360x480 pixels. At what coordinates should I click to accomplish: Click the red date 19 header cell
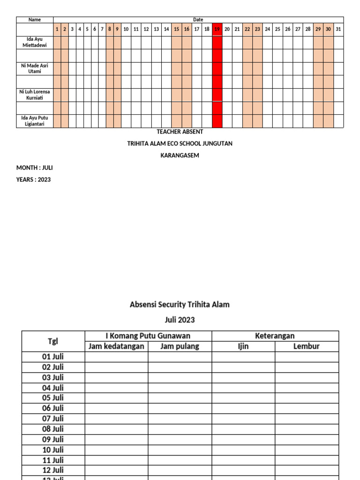217,29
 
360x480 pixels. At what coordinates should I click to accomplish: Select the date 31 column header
338,29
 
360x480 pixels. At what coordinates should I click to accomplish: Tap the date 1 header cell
57,29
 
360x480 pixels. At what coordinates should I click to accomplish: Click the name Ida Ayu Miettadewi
35,42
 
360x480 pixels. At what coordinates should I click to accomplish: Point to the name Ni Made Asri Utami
35,68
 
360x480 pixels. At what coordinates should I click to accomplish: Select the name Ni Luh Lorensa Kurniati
35,95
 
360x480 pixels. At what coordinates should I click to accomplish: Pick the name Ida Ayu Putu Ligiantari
35,121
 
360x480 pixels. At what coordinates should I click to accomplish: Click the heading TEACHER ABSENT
180,132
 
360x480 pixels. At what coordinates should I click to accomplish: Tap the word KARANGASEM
180,156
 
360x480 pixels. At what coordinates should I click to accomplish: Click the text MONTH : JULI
35,167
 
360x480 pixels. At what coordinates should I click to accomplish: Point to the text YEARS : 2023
34,180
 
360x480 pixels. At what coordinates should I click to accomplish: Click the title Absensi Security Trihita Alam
180,305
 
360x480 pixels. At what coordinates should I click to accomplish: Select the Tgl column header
53,341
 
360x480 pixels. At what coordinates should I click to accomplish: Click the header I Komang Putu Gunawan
148,336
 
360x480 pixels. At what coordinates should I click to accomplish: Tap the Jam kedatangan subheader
116,346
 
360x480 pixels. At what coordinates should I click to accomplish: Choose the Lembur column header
307,346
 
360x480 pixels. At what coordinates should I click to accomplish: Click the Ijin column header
243,346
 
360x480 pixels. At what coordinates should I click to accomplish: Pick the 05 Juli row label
53,398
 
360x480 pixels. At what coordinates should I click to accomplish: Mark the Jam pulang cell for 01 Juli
180,357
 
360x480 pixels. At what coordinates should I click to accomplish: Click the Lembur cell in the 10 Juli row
307,450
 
